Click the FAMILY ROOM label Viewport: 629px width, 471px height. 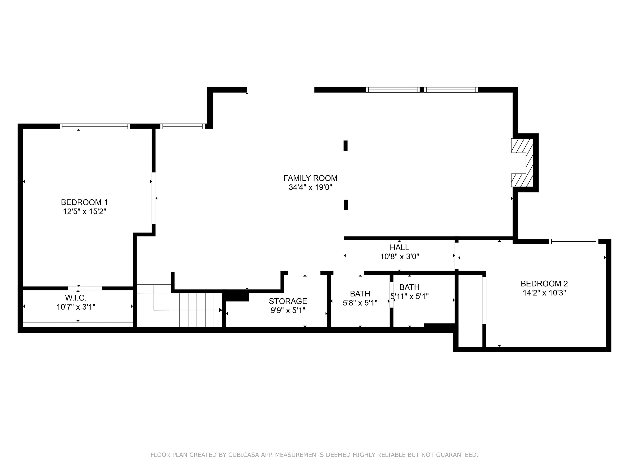310,178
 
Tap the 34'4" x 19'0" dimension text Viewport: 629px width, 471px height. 310,187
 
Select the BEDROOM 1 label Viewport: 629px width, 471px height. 85,202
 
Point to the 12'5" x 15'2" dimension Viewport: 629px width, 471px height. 85,211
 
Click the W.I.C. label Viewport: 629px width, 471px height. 76,298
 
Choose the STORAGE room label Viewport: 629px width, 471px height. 288,301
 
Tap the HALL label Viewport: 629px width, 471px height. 400,247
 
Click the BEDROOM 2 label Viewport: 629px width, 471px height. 544,283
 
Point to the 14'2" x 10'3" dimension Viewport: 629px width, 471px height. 544,293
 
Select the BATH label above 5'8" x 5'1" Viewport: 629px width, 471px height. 360,294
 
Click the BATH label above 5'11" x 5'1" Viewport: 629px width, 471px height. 410,287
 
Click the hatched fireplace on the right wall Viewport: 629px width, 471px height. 522,163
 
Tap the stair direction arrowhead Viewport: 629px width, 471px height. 220,310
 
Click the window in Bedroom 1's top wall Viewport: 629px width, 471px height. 95,126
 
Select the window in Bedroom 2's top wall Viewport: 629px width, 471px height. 573,242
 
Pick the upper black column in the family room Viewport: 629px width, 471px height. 345,146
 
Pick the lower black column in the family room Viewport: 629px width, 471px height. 345,205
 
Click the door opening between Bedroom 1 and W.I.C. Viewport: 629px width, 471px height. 85,288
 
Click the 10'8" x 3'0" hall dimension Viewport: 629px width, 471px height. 400,257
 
